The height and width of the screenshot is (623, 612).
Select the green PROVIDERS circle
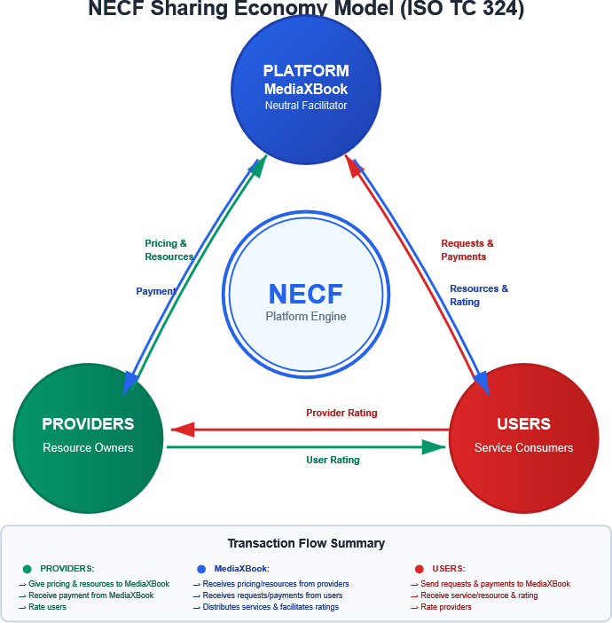tap(88, 435)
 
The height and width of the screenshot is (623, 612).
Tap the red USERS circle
tap(523, 435)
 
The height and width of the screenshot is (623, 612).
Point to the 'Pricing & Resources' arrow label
tap(169, 250)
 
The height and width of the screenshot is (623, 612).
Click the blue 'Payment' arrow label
tap(155, 291)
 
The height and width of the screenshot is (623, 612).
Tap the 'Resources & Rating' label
tap(479, 296)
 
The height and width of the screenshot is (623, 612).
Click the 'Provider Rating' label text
tap(341, 413)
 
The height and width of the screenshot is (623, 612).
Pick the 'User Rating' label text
tap(333, 460)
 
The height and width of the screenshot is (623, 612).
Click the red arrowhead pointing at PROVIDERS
tap(183, 430)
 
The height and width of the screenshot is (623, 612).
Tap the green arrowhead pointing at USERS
tap(434, 446)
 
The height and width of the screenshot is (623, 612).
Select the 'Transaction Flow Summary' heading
tap(306, 543)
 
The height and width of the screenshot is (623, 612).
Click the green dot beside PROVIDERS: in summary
tap(27, 569)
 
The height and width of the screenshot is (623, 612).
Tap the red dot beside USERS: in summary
tap(419, 569)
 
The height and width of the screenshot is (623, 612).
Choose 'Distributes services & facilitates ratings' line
tap(270, 607)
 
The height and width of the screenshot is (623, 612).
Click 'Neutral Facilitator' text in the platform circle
tap(306, 106)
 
